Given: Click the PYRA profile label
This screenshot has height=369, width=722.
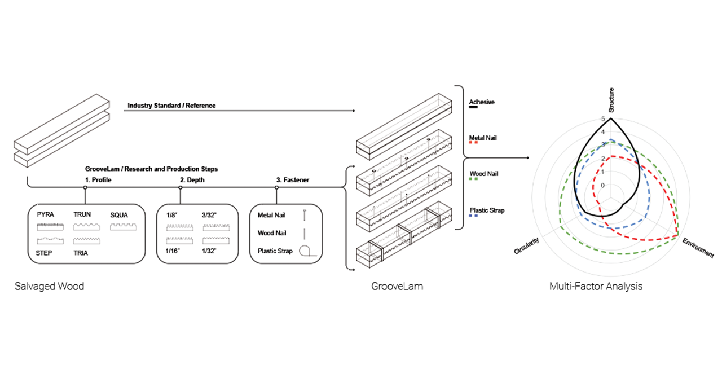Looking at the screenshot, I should pos(46,214).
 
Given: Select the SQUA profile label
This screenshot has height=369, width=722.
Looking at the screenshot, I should pos(120,214).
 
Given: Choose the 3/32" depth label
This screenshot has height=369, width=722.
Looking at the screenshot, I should pos(211,214).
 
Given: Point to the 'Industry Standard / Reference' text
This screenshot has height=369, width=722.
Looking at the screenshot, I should pos(171,106).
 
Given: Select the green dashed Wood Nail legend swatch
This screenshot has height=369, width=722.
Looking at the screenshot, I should pos(474,179).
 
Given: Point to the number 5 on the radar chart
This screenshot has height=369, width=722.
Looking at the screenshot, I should pos(602,119).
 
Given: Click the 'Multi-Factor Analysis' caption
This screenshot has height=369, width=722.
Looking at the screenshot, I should pos(596,286).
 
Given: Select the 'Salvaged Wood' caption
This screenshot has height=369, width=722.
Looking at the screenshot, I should pos(50,286).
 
